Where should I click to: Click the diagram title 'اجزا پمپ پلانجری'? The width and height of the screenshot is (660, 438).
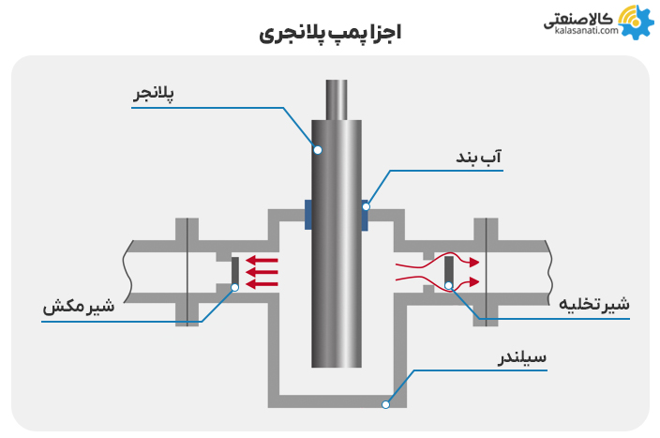coord(329,35)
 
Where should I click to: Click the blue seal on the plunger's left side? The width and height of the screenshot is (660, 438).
coord(308,215)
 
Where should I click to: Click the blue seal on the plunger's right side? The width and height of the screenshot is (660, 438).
coord(365,215)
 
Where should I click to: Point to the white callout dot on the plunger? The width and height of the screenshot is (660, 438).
coord(318,150)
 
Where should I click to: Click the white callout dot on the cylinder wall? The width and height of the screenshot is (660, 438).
coord(384,404)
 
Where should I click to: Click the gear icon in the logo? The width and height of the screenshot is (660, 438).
coord(636,22)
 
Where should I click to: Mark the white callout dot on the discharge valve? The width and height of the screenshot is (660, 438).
coord(449,286)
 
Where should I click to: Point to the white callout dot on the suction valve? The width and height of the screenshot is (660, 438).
coord(234,287)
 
